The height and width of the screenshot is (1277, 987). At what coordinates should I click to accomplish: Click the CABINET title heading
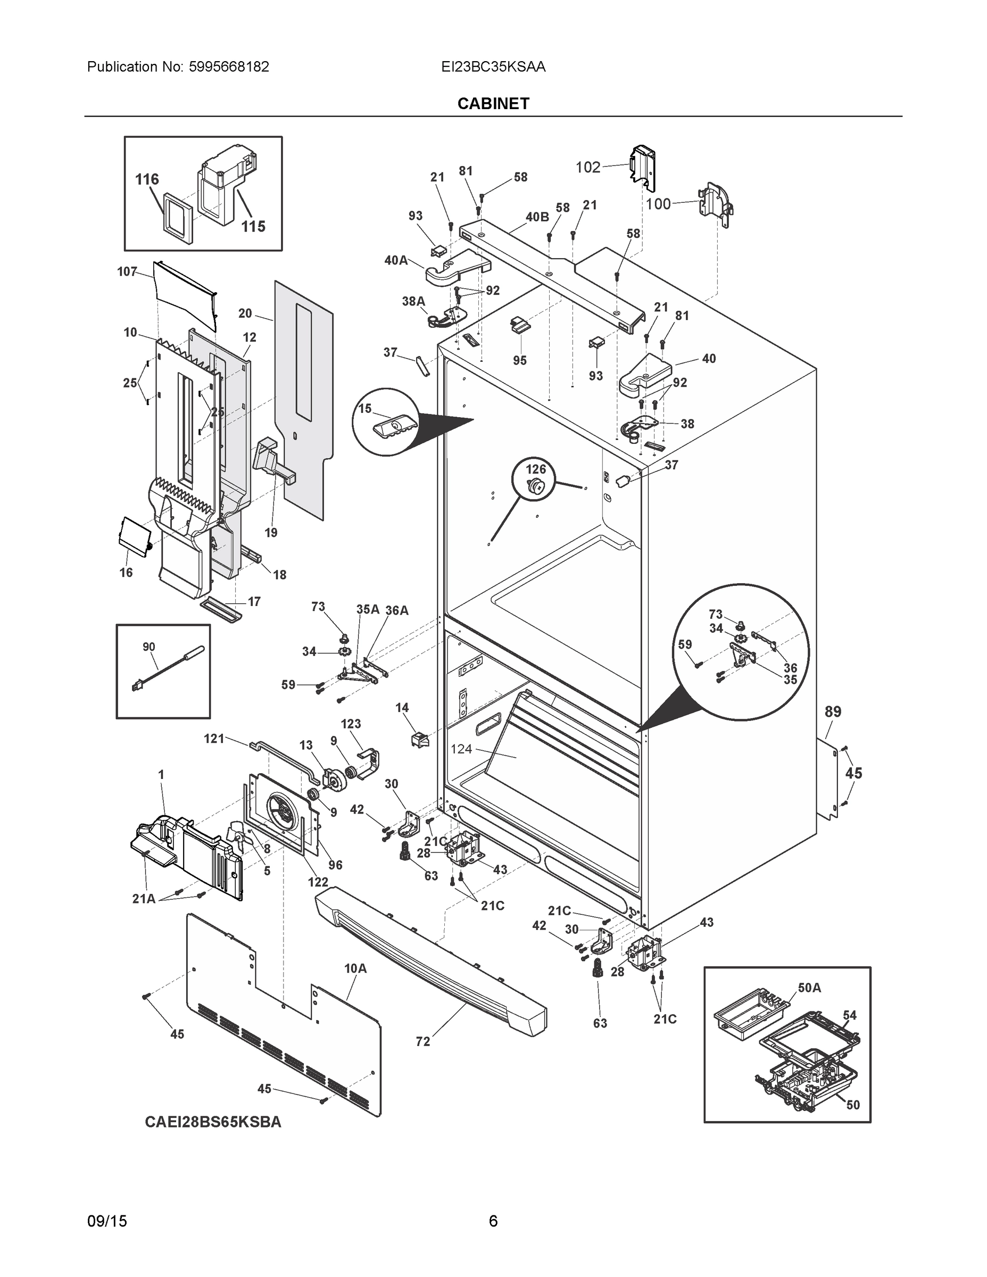[x=493, y=104]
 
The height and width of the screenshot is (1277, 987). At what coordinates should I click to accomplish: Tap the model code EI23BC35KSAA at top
[x=493, y=67]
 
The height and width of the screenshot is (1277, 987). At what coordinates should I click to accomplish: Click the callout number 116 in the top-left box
[x=147, y=179]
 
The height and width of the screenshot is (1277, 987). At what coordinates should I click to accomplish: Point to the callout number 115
[x=253, y=226]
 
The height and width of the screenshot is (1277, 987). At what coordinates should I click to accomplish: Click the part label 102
[x=587, y=168]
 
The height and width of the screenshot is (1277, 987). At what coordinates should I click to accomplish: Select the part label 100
[x=658, y=204]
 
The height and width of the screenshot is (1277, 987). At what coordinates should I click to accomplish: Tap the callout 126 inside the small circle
[x=536, y=469]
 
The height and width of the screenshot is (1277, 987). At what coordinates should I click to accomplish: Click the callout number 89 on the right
[x=833, y=711]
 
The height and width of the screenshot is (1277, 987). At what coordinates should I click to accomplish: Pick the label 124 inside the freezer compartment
[x=461, y=749]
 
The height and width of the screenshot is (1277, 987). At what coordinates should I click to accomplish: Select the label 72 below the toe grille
[x=423, y=1041]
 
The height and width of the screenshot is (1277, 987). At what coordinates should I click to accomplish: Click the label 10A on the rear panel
[x=355, y=969]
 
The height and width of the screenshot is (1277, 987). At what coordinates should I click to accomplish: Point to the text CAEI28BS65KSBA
[x=213, y=1122]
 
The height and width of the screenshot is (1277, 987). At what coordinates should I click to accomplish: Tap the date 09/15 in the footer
[x=107, y=1222]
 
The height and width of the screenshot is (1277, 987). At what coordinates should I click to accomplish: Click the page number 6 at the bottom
[x=493, y=1222]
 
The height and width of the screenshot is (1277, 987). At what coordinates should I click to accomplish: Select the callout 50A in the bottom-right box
[x=809, y=988]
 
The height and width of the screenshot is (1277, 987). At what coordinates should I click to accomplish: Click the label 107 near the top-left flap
[x=127, y=271]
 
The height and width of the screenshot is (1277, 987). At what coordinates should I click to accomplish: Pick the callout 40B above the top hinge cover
[x=537, y=217]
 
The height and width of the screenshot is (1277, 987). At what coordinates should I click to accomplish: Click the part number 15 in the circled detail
[x=365, y=408]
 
